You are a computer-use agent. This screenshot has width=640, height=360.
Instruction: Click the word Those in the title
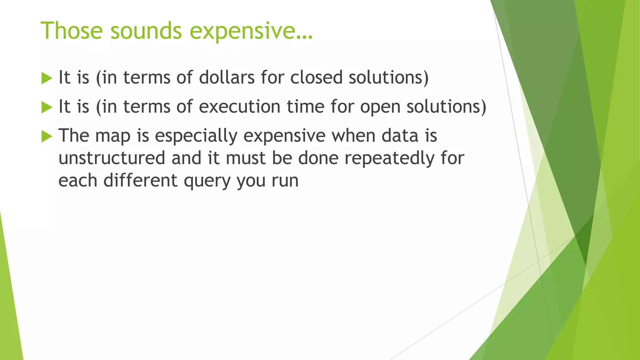pos(72,31)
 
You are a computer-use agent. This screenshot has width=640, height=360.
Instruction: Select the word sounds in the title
pos(146,31)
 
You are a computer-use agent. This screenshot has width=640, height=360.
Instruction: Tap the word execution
pos(239,107)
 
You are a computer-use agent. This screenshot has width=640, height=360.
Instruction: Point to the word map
pos(112,137)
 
